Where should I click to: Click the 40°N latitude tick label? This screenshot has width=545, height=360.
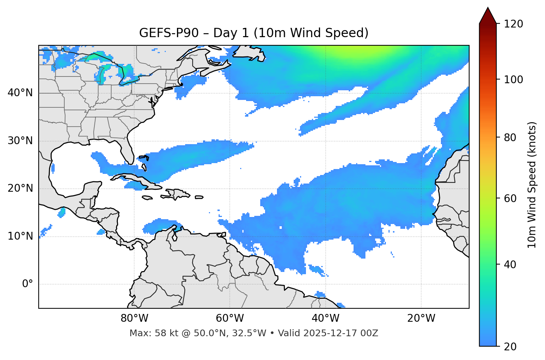(x=20, y=93)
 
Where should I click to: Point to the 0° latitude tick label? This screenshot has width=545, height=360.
(x=27, y=284)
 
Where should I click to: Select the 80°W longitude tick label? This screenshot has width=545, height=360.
(x=134, y=318)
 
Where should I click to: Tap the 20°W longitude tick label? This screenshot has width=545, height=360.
(x=421, y=318)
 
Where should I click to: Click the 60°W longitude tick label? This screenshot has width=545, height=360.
(x=230, y=318)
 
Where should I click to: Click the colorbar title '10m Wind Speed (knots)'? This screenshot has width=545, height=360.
(x=532, y=185)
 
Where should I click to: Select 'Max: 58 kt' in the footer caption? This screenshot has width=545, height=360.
(x=149, y=333)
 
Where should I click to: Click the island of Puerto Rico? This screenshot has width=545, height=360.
(x=199, y=197)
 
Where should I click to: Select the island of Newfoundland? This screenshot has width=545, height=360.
(x=250, y=53)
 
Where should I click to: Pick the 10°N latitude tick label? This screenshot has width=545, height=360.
(x=20, y=236)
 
